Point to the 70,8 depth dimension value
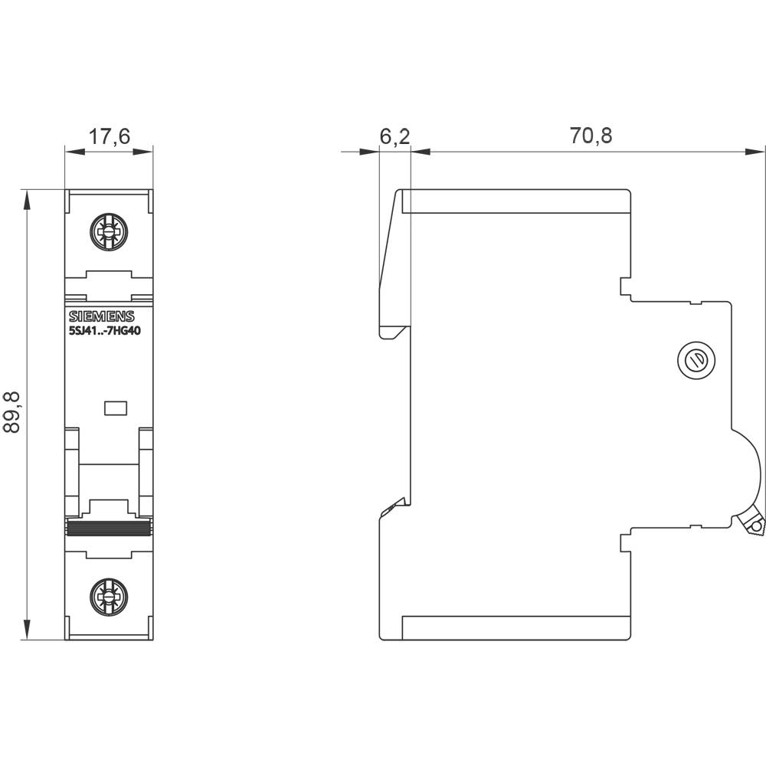[591, 136]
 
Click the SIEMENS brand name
[102, 317]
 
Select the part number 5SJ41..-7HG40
[106, 332]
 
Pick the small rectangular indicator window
[115, 408]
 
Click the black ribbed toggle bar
[109, 527]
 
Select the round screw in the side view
[698, 360]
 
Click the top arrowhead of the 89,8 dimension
[28, 198]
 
